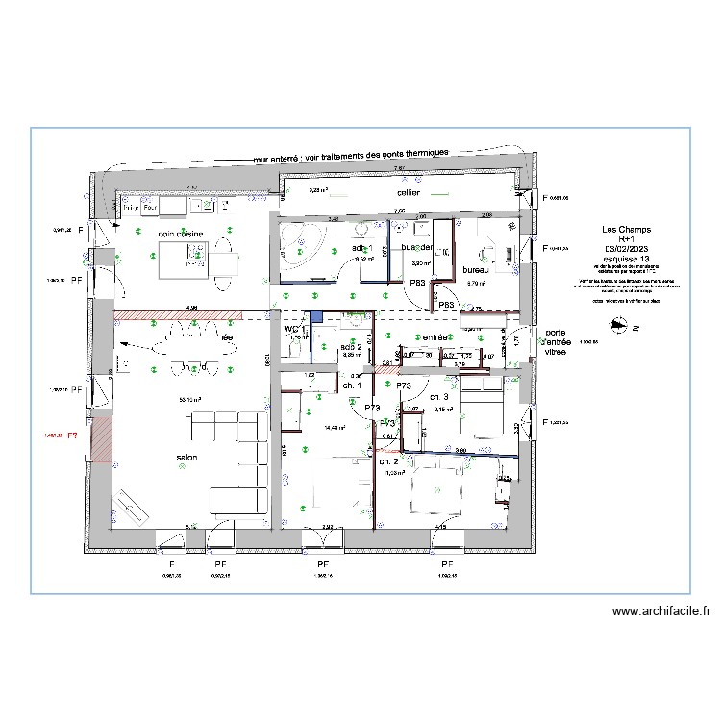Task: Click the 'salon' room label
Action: click(x=186, y=457)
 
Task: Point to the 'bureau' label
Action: click(x=477, y=270)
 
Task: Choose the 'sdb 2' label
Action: click(x=352, y=346)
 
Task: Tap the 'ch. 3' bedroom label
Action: click(x=440, y=397)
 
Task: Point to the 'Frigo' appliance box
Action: click(x=130, y=207)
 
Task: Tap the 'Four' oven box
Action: click(x=150, y=207)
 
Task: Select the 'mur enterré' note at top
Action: click(x=351, y=156)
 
